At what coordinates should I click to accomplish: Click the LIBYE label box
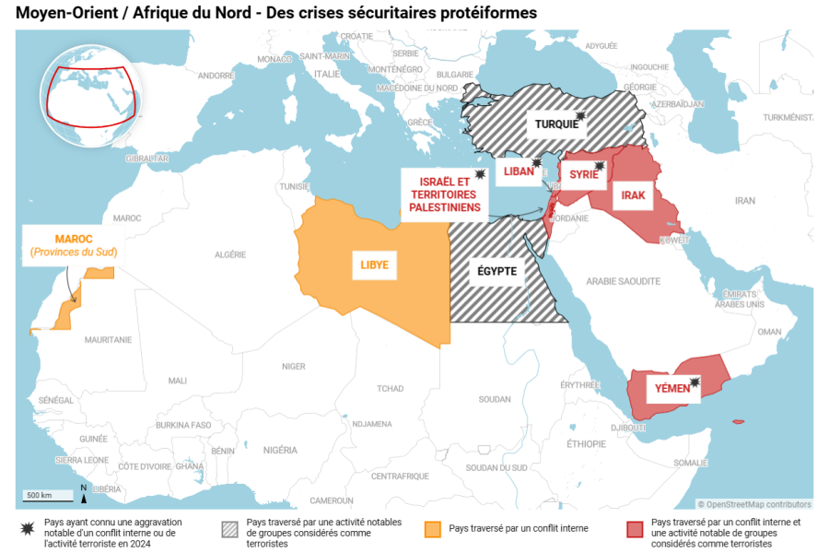tap(374, 265)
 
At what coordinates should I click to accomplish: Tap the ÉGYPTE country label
tap(496, 271)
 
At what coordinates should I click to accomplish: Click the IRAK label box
tap(633, 195)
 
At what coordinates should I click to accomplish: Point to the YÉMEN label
tap(672, 388)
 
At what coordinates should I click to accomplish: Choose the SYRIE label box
tap(582, 174)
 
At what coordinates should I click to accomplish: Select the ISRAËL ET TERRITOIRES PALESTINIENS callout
tap(444, 194)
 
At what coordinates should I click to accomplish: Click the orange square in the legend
tap(431, 529)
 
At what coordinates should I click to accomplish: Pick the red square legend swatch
tap(634, 529)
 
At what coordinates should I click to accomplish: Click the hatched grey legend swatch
tap(228, 529)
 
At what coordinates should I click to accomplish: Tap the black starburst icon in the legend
tap(28, 529)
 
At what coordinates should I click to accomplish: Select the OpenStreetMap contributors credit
tap(754, 504)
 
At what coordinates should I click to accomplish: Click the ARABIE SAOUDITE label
tap(623, 280)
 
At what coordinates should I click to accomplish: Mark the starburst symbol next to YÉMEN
tap(695, 382)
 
